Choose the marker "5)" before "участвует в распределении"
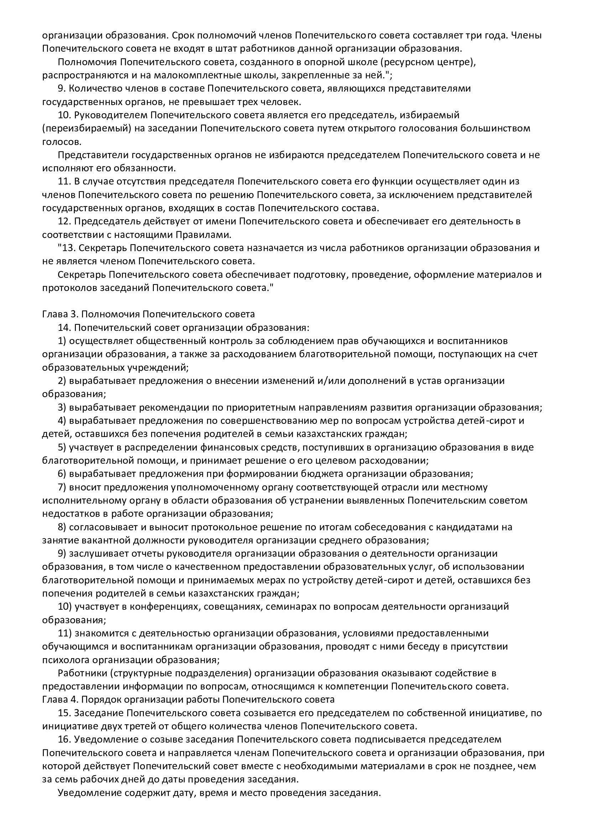(62, 447)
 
